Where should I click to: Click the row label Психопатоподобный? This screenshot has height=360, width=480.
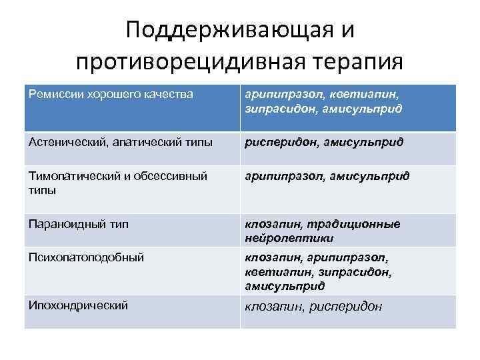[87, 257]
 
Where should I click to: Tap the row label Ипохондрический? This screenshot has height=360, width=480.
[79, 305]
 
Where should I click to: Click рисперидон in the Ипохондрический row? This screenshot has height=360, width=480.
[348, 307]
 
